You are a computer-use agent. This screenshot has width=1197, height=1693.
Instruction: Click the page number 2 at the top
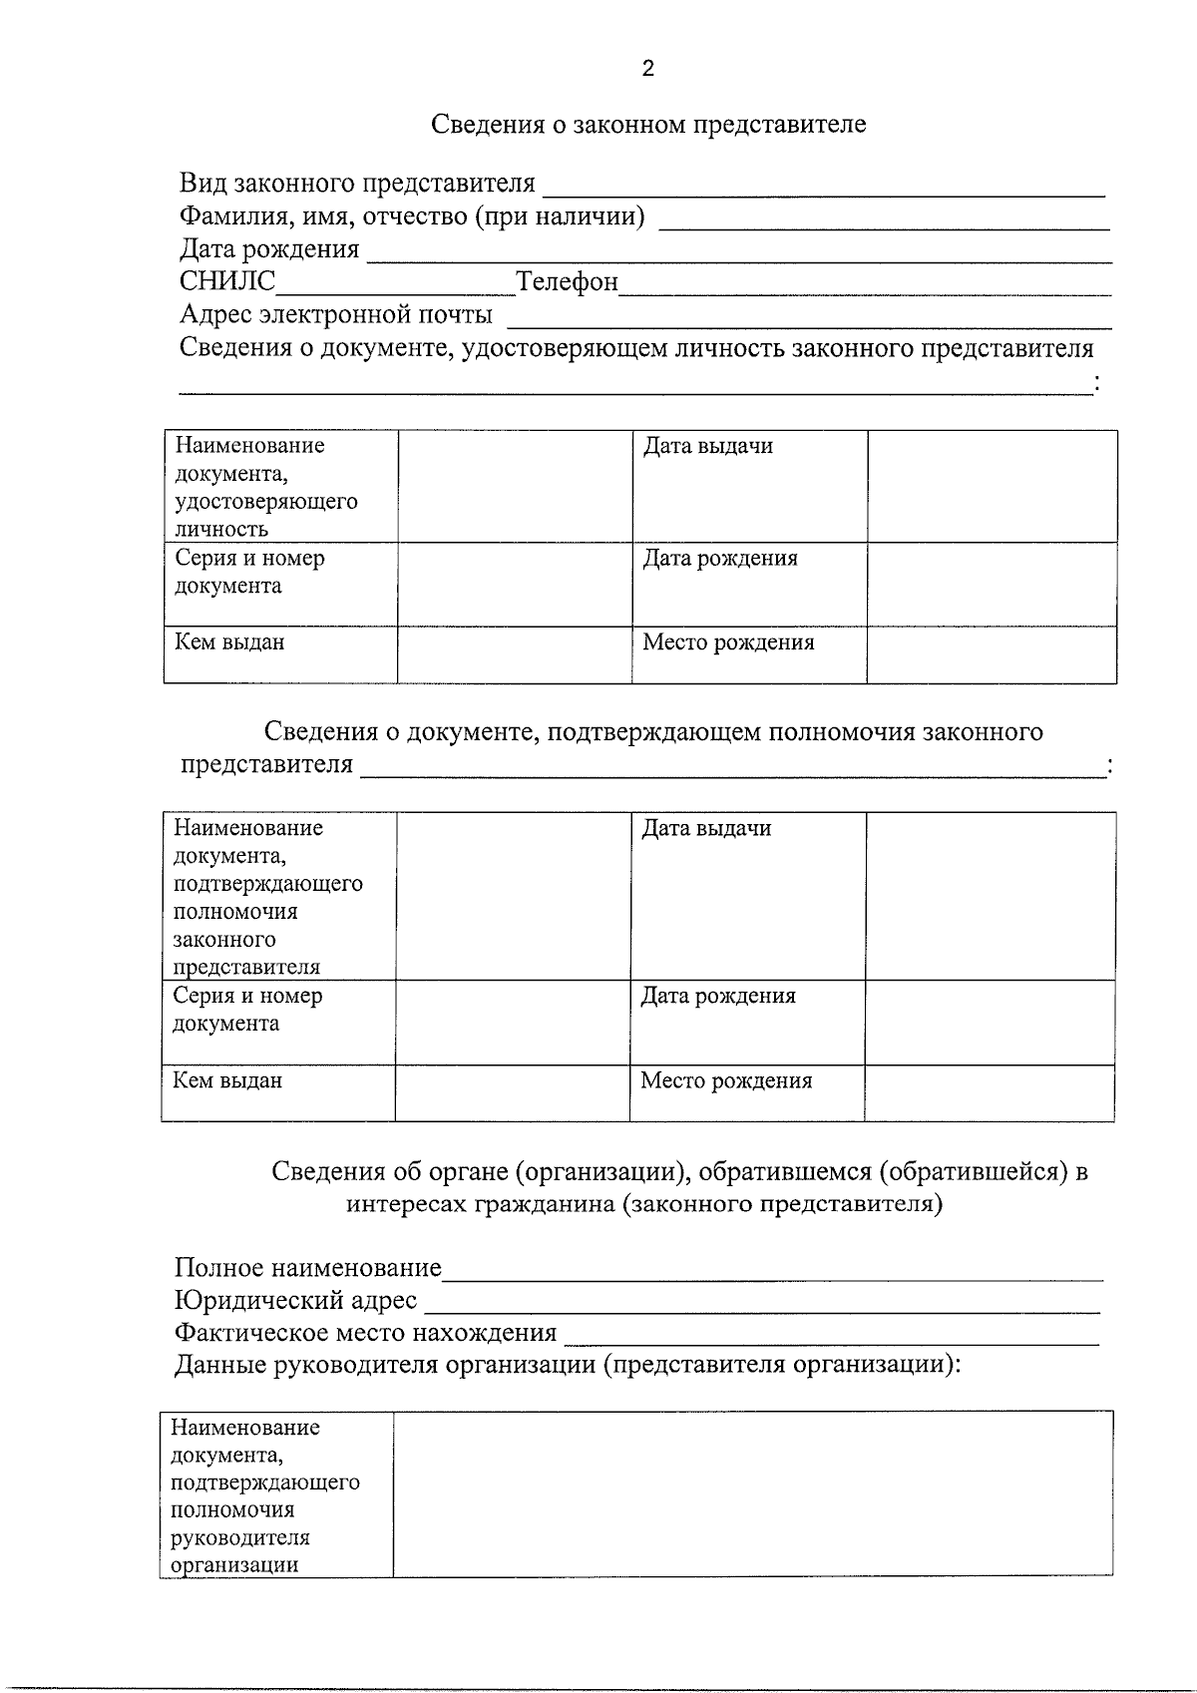coord(648,69)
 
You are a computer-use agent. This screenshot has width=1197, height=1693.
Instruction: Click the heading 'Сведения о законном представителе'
coord(648,125)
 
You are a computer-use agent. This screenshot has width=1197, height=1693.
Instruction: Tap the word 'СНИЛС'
coord(227,282)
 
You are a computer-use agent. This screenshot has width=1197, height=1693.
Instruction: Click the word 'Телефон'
coord(567,282)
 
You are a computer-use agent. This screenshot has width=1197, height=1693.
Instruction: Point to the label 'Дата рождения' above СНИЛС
coord(269,249)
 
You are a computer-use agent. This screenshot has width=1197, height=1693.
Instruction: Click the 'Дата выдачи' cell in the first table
coord(707,447)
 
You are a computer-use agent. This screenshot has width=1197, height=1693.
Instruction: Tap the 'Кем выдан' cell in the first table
coord(229,642)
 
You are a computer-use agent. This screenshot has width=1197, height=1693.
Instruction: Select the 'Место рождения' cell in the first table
coord(728,642)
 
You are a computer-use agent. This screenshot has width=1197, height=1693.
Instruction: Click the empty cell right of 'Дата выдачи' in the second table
coord(990,895)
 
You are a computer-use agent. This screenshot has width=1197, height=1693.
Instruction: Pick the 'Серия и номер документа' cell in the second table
coord(247,1010)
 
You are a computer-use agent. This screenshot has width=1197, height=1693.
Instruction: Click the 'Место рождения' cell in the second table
coord(726,1081)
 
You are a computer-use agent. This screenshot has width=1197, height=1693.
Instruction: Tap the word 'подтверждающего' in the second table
coord(267,884)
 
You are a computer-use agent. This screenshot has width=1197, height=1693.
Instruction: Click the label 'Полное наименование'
coord(307,1268)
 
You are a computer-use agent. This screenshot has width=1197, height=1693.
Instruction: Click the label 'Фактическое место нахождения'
coord(365,1333)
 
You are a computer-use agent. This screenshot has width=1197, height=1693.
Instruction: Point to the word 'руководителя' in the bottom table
coord(239,1537)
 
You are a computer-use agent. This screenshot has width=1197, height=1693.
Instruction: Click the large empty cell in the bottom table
coord(753,1492)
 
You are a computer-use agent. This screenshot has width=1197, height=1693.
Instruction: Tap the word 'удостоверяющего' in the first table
coord(265,502)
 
